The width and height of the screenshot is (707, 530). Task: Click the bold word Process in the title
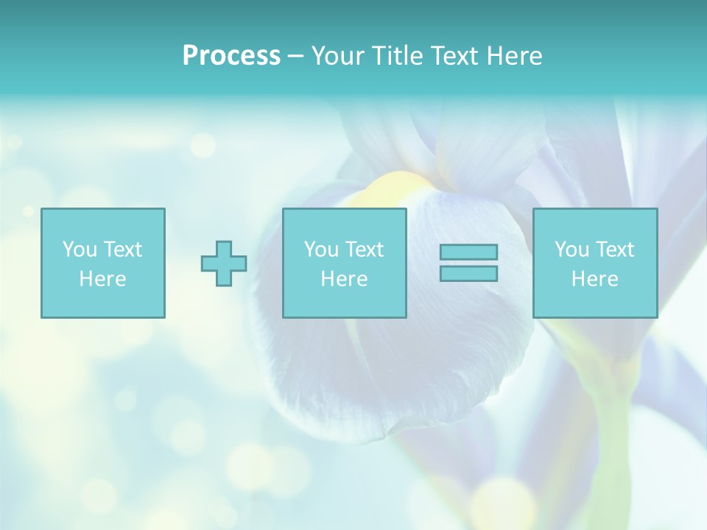[231, 56]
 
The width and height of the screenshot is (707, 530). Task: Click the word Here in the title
[515, 56]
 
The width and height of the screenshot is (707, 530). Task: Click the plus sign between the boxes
[224, 263]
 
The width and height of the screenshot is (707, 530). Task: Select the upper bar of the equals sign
[468, 252]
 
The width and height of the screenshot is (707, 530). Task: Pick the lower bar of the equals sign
[468, 274]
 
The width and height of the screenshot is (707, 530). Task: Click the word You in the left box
[80, 250]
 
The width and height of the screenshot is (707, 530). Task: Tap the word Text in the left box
[122, 250]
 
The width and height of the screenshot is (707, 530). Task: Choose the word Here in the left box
[102, 279]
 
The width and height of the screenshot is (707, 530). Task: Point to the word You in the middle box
[321, 250]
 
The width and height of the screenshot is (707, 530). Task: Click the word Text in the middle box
[364, 250]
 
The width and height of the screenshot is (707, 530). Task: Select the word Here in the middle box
[344, 279]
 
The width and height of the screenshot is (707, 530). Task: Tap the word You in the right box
[571, 250]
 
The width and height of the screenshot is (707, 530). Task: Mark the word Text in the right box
[614, 250]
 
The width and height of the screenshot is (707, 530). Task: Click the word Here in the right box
[594, 279]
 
